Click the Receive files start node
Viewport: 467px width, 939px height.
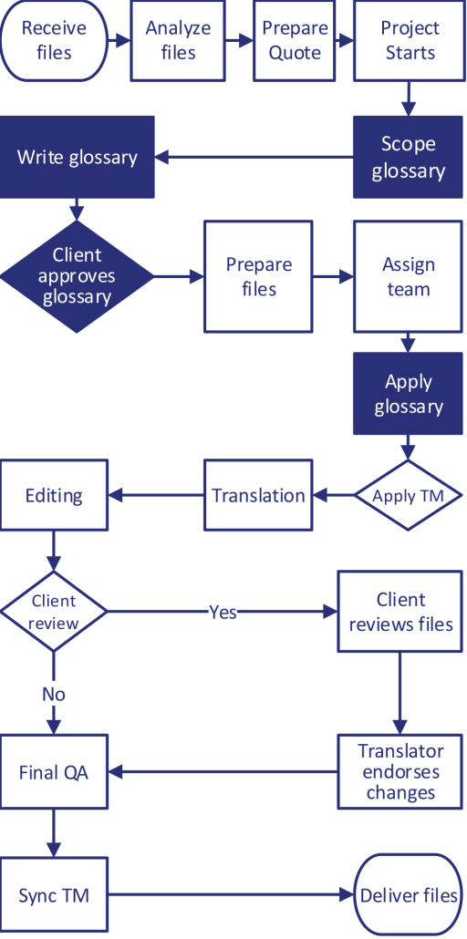click(x=54, y=40)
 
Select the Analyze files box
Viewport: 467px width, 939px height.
click(x=178, y=40)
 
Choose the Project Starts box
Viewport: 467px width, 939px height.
click(x=410, y=40)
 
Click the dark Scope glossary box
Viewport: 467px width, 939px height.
click(x=408, y=158)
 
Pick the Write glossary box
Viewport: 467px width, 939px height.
click(x=78, y=157)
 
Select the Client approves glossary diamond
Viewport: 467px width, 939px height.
click(x=77, y=275)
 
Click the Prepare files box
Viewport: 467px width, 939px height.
click(x=259, y=276)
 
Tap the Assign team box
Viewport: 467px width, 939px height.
click(x=408, y=276)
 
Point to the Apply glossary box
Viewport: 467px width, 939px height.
click(x=408, y=394)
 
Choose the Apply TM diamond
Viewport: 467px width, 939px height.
click(x=408, y=496)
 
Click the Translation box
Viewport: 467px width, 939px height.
click(x=258, y=496)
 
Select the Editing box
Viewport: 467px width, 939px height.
click(x=55, y=496)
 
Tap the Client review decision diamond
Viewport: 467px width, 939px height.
click(x=55, y=612)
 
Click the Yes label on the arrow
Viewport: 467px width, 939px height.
click(x=223, y=612)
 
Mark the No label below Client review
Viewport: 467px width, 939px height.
click(x=54, y=694)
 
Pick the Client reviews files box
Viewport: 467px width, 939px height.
click(x=400, y=612)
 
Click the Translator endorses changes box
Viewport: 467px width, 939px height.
click(x=400, y=771)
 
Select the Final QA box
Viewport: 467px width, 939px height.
click(x=55, y=772)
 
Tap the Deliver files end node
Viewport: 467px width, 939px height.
click(x=408, y=895)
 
